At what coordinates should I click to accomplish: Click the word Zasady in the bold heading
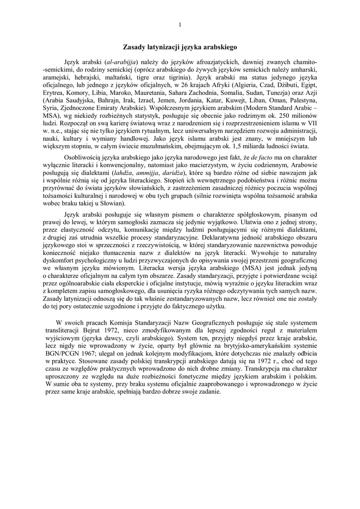point(136,47)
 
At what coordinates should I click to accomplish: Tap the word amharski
point(304,70)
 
